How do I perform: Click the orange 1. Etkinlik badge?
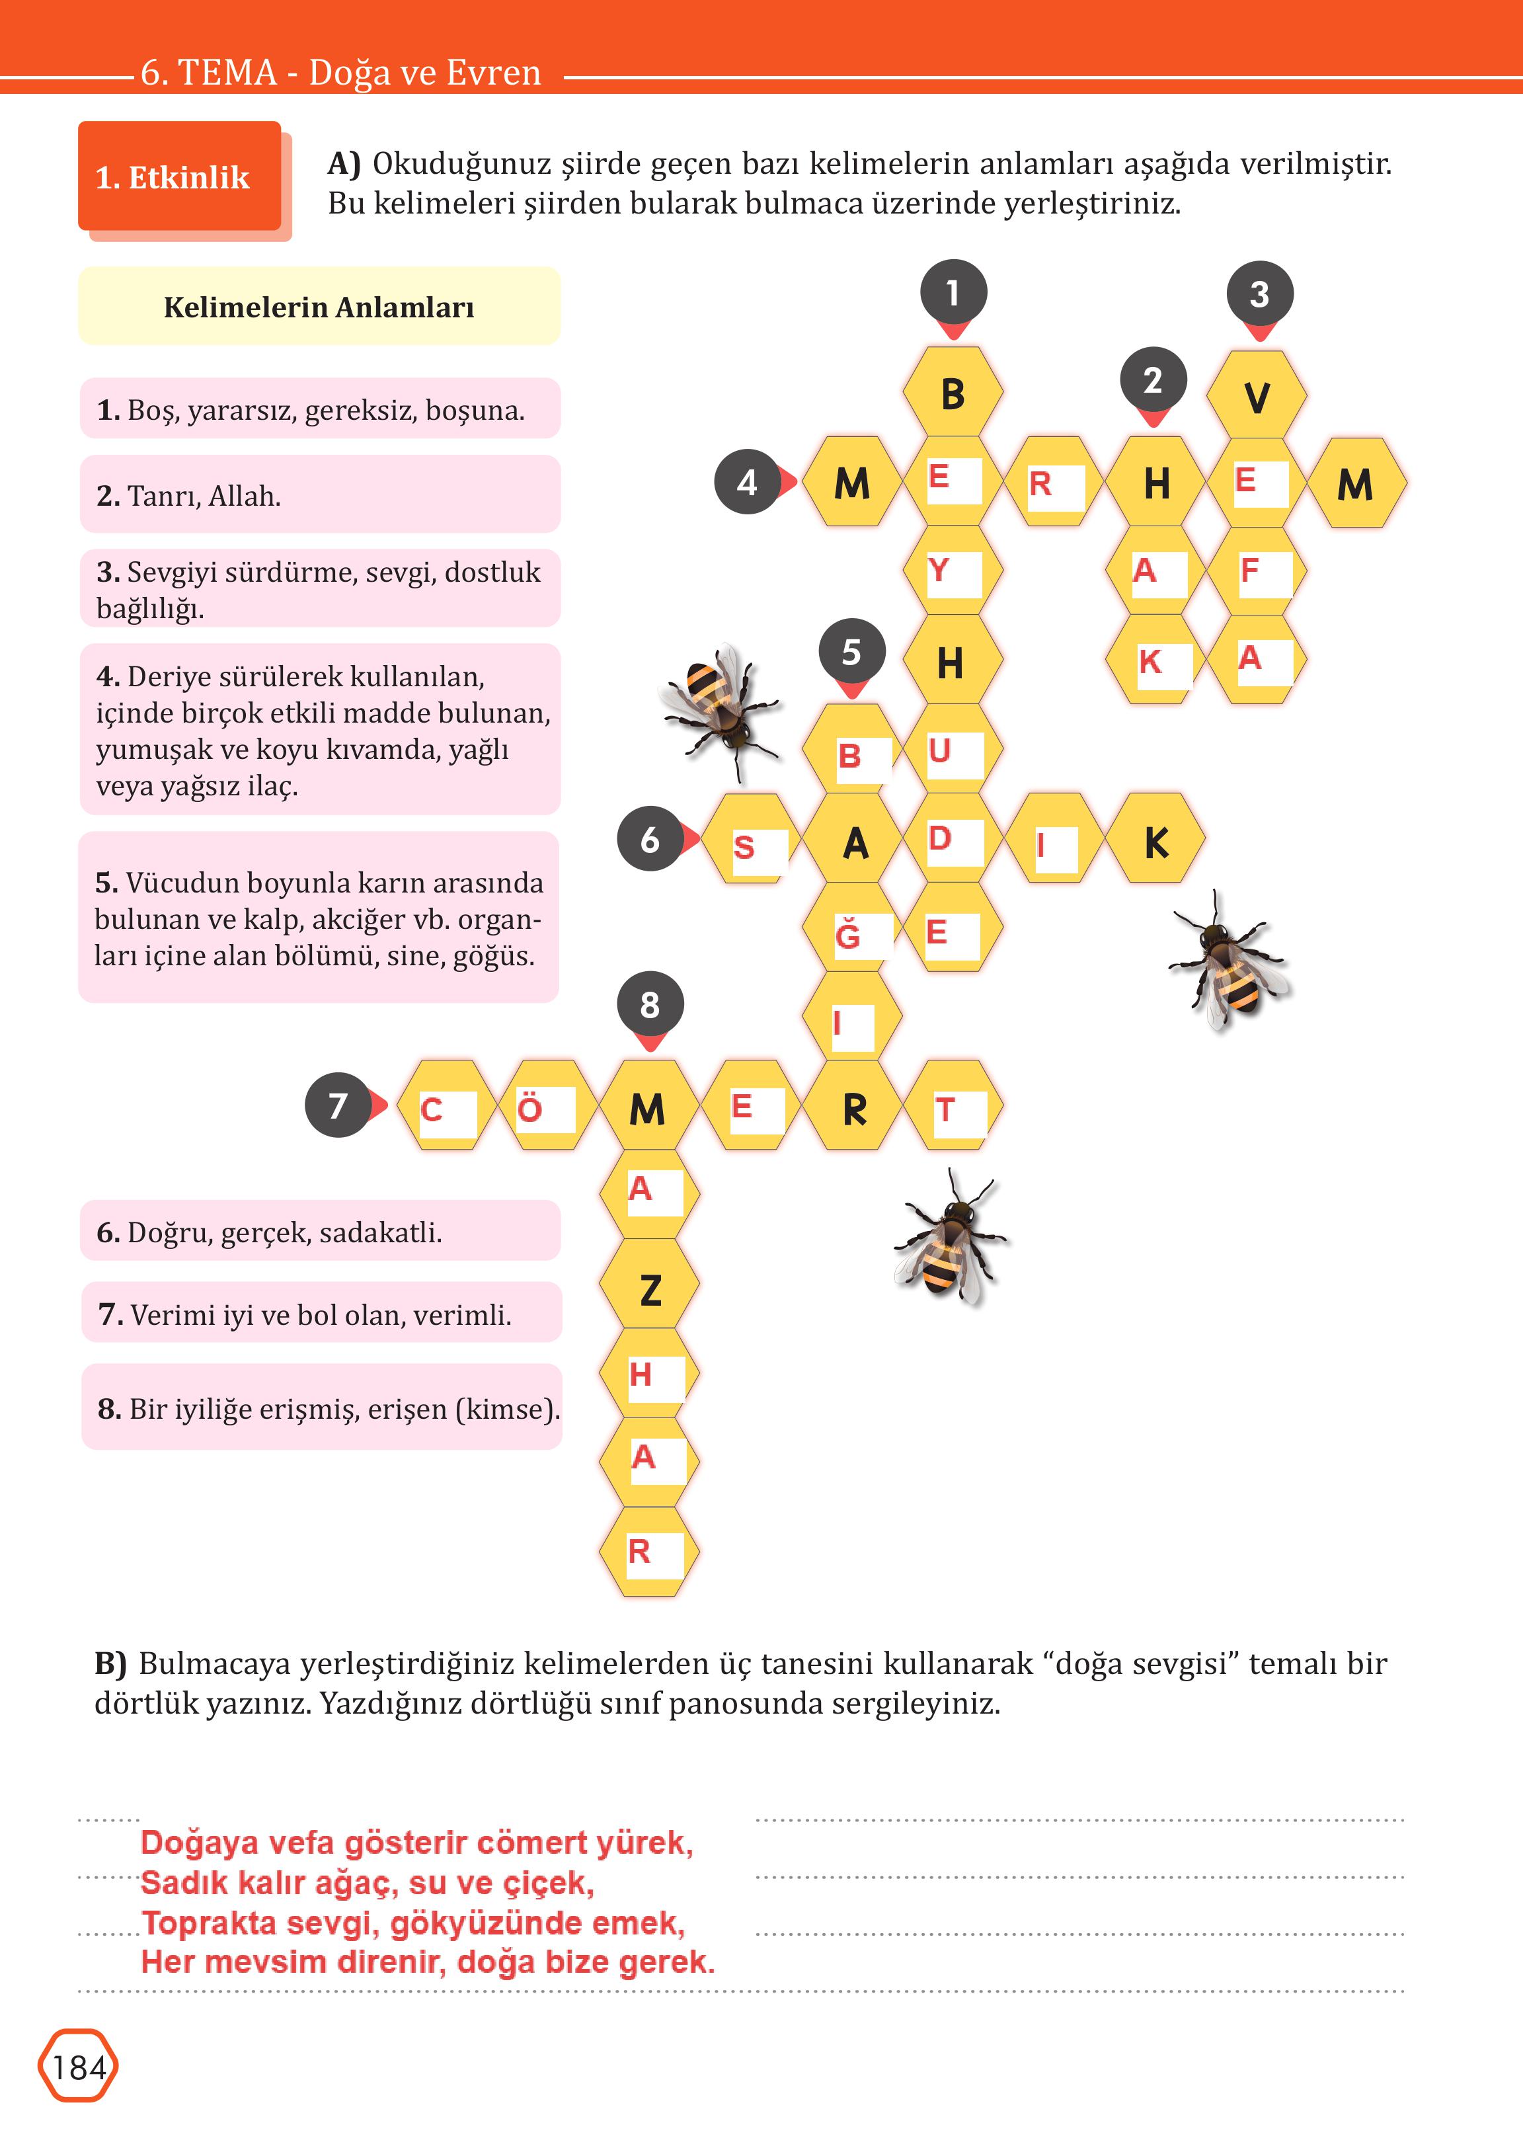click(x=179, y=177)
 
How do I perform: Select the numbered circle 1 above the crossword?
click(x=953, y=294)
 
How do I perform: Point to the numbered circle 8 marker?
click(x=650, y=1005)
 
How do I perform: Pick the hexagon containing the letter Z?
click(x=650, y=1289)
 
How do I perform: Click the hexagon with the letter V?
click(x=1257, y=396)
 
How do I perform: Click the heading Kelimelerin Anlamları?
click(x=319, y=307)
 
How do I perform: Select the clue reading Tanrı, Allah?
click(x=204, y=495)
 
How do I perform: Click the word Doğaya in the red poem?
click(x=199, y=1842)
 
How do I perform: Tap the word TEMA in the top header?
click(x=226, y=72)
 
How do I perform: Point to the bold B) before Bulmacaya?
click(x=110, y=1663)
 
